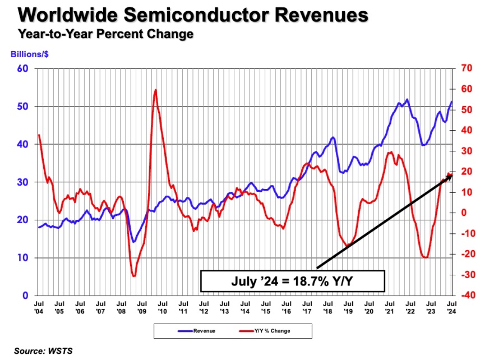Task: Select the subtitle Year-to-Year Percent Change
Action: pyautogui.click(x=105, y=34)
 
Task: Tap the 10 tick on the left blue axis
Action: pyautogui.click(x=25, y=258)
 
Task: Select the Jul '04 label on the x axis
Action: pyautogui.click(x=39, y=307)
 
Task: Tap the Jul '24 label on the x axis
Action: pyautogui.click(x=451, y=307)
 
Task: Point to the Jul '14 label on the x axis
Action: pyautogui.click(x=244, y=307)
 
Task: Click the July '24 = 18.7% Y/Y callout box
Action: pyautogui.click(x=292, y=281)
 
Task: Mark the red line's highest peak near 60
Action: pyautogui.click(x=155, y=90)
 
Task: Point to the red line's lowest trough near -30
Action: pyautogui.click(x=133, y=276)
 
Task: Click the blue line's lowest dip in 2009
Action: pyautogui.click(x=133, y=242)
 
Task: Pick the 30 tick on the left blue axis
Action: pyautogui.click(x=25, y=182)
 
